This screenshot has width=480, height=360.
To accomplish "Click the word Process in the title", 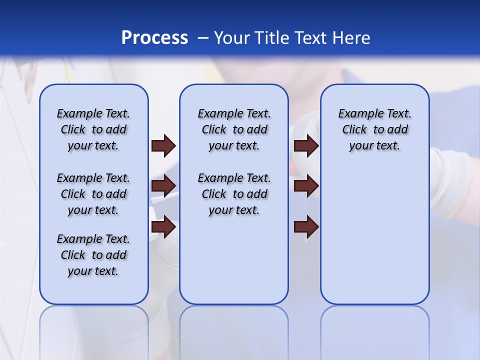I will pyautogui.click(x=154, y=38).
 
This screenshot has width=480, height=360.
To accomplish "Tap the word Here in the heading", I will pyautogui.click(x=351, y=38).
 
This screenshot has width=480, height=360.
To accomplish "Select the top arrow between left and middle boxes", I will pyautogui.click(x=163, y=146).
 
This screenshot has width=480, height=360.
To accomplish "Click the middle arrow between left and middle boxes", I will pyautogui.click(x=163, y=186).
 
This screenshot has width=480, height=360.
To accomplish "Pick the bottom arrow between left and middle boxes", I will pyautogui.click(x=163, y=227).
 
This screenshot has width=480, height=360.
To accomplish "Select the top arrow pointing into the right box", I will pyautogui.click(x=306, y=146).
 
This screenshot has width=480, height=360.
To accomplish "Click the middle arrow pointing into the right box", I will pyautogui.click(x=306, y=186).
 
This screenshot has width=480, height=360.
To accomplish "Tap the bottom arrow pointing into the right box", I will pyautogui.click(x=306, y=227).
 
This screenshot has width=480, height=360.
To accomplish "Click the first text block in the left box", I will pyautogui.click(x=93, y=129).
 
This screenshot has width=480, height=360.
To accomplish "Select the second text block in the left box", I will pyautogui.click(x=93, y=194).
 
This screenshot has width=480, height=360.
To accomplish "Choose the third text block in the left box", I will pyautogui.click(x=93, y=255).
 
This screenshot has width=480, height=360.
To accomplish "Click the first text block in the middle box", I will pyautogui.click(x=234, y=129).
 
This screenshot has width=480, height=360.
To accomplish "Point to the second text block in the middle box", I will pyautogui.click(x=234, y=194).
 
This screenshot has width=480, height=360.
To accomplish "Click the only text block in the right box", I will pyautogui.click(x=374, y=129).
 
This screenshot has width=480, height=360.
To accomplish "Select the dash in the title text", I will pyautogui.click(x=202, y=38).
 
